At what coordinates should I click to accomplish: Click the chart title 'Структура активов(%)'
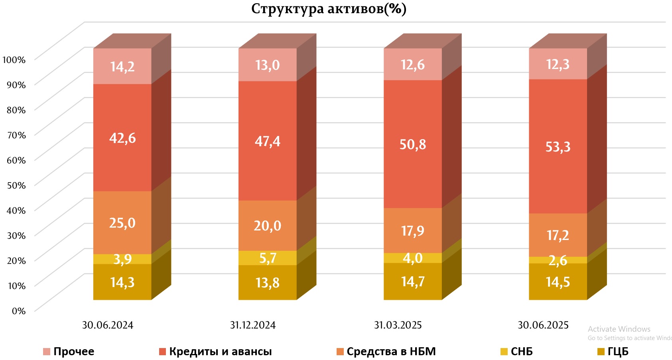pyautogui.click(x=329, y=8)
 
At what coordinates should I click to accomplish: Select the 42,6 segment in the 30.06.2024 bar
pyautogui.click(x=122, y=138)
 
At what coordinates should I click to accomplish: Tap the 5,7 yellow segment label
pyautogui.click(x=268, y=258)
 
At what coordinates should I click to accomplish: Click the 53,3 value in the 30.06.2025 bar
pyautogui.click(x=558, y=147)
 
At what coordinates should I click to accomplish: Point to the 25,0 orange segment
pyautogui.click(x=122, y=222)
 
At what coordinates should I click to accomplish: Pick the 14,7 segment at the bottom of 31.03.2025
pyautogui.click(x=413, y=281)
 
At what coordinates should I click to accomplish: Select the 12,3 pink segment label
pyautogui.click(x=558, y=64)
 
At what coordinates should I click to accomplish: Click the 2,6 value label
pyautogui.click(x=558, y=260)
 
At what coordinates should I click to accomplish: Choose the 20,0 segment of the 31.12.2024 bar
pyautogui.click(x=268, y=226)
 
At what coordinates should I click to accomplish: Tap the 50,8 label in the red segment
pyautogui.click(x=413, y=144)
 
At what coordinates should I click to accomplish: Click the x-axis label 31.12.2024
pyautogui.click(x=253, y=325)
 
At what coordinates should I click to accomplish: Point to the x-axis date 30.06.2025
pyautogui.click(x=543, y=325)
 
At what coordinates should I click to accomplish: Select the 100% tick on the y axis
pyautogui.click(x=14, y=60)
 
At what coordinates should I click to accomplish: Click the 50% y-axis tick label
pyautogui.click(x=16, y=185)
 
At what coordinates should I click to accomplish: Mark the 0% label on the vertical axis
pyautogui.click(x=18, y=311)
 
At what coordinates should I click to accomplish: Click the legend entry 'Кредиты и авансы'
pyautogui.click(x=220, y=352)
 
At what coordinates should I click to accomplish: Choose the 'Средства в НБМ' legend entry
pyautogui.click(x=391, y=352)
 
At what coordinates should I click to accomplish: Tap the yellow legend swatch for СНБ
pyautogui.click(x=504, y=352)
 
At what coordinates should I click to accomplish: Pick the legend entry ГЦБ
pyautogui.click(x=618, y=352)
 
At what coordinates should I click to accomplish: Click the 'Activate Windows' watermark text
pyautogui.click(x=619, y=329)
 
